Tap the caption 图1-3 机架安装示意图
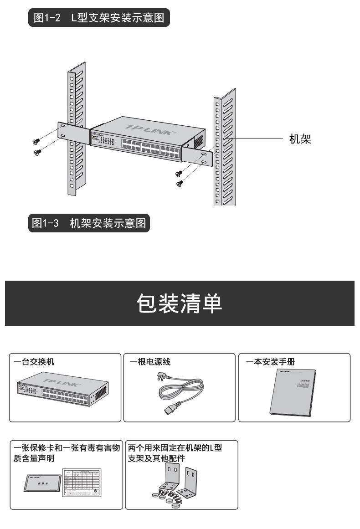pos(89,223)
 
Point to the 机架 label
pos(300,139)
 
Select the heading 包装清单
pos(180,303)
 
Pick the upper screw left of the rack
pos(36,141)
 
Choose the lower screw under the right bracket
pos(180,184)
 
